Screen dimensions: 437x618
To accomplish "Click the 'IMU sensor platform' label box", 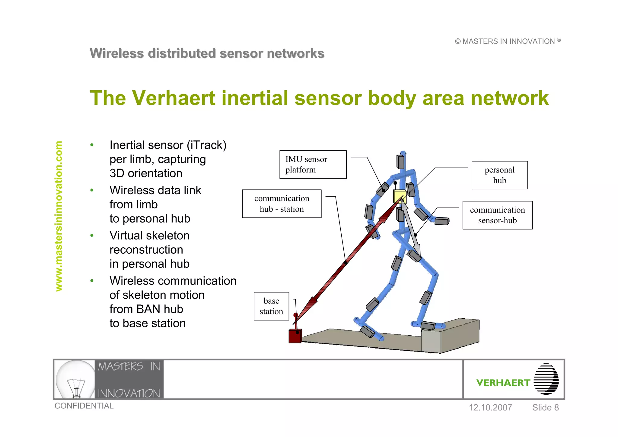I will coord(313,164).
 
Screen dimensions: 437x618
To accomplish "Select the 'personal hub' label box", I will coord(499,175).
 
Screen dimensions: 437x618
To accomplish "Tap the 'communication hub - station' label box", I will coord(282,204).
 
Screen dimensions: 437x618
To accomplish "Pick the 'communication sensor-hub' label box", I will coord(497,215).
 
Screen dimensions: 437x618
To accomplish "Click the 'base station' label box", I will coord(271,306).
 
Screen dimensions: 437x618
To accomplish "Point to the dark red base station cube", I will coord(295,336).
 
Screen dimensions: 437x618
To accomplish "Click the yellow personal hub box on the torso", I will coord(399,196).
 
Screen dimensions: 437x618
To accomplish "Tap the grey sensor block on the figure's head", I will coord(400,162).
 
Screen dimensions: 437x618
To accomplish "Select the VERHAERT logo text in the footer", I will coord(503,383).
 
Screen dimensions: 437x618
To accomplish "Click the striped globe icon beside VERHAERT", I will coord(546,379).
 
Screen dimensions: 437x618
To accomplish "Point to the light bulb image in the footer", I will coord(75,379).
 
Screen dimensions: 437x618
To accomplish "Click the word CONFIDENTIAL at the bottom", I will coord(84,406).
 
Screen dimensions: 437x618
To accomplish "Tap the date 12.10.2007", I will coord(490,407).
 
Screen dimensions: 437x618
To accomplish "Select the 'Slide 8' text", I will coord(545,407).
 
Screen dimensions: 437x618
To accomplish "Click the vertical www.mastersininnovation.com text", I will coord(59,216).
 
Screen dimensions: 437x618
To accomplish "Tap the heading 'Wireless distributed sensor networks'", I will coord(207,53).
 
